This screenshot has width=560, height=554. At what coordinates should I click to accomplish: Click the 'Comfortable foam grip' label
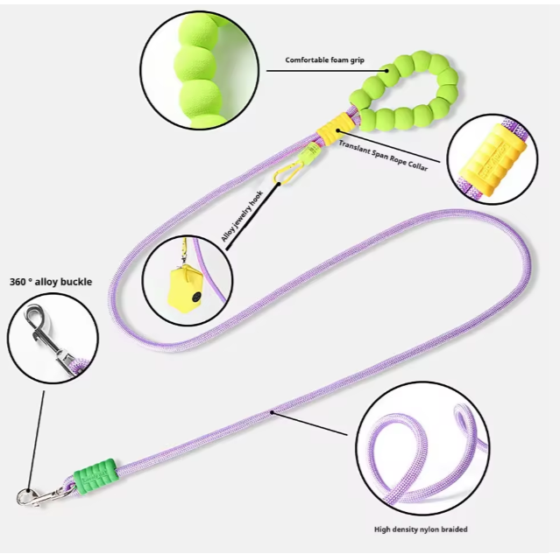(x=325, y=61)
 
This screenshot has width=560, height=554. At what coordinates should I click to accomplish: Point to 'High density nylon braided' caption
(x=421, y=529)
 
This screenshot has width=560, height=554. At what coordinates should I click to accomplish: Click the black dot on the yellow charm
(x=195, y=299)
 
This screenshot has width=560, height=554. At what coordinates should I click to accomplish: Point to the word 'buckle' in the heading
(x=75, y=282)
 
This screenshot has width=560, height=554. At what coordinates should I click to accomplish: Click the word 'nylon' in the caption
(x=423, y=529)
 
